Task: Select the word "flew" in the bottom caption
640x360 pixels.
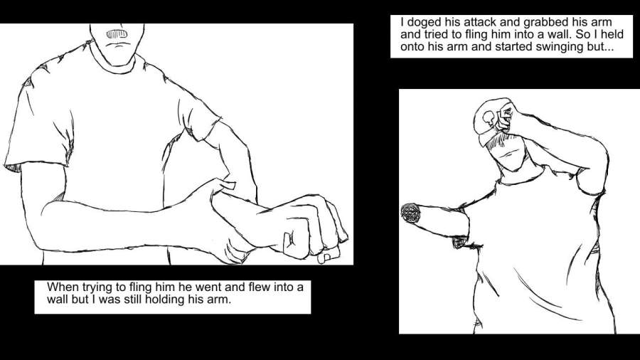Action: point(260,287)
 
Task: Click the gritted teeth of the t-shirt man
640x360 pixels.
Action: point(117,34)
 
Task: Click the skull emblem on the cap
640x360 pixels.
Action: point(488,117)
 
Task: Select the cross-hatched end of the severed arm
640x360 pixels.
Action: point(410,213)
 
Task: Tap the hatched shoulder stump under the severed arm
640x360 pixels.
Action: point(460,242)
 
